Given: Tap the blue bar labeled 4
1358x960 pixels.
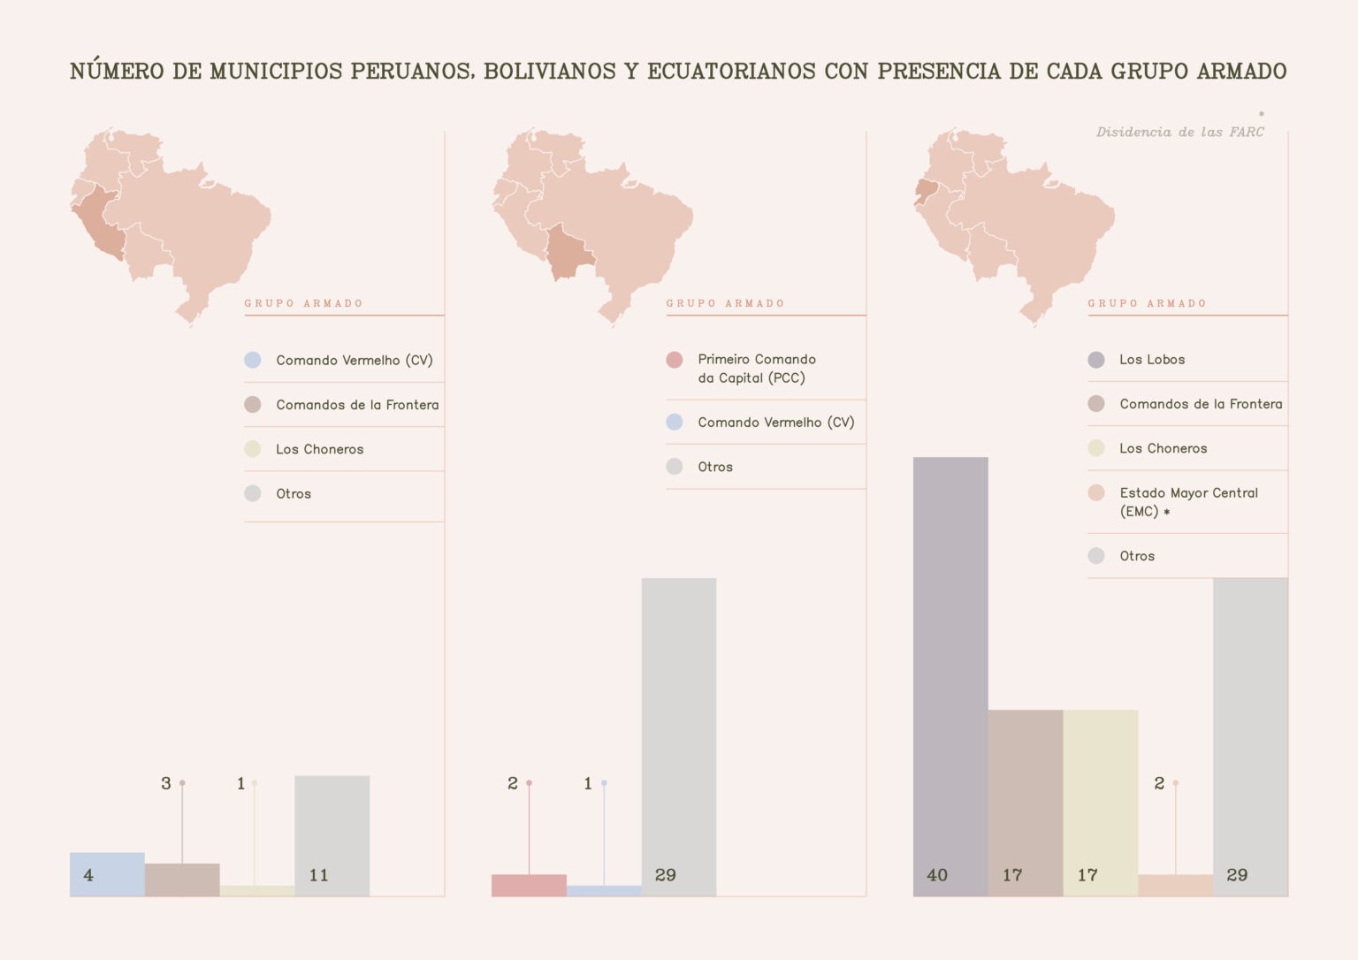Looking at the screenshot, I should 107,874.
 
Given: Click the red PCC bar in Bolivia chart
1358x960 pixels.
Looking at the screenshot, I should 529,885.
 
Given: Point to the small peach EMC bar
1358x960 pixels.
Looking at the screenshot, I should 1175,885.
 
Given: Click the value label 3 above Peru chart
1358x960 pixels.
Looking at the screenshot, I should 165,783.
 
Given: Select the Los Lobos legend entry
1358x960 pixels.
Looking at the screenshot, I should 1151,360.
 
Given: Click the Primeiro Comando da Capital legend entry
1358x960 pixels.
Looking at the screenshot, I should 756,369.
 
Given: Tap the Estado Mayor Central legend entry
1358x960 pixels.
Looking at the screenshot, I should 1187,502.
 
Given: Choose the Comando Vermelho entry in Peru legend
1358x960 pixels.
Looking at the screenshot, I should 354,361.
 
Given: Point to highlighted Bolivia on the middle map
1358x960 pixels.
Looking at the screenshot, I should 567,253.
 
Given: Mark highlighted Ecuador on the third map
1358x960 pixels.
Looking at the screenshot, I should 926,189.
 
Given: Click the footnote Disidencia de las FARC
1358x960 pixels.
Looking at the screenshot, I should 1179,133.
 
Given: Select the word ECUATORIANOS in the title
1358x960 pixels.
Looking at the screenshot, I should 731,72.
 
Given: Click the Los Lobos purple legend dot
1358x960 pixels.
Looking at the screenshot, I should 1096,360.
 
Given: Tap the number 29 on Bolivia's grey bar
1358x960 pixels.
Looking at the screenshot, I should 665,875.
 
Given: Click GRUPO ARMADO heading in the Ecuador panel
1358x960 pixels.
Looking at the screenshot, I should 1147,303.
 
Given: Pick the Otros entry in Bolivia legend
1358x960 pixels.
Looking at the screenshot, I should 714,467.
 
